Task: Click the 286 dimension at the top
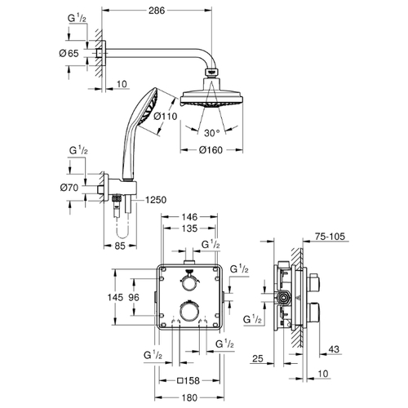(157, 11)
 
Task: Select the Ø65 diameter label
(69, 53)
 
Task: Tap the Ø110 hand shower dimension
(165, 116)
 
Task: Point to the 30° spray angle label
(212, 133)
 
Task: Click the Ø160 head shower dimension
(211, 150)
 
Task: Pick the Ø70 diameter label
(69, 188)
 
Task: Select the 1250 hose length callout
(156, 200)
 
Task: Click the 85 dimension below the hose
(120, 246)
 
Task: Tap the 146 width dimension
(189, 217)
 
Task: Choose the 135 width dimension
(189, 228)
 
